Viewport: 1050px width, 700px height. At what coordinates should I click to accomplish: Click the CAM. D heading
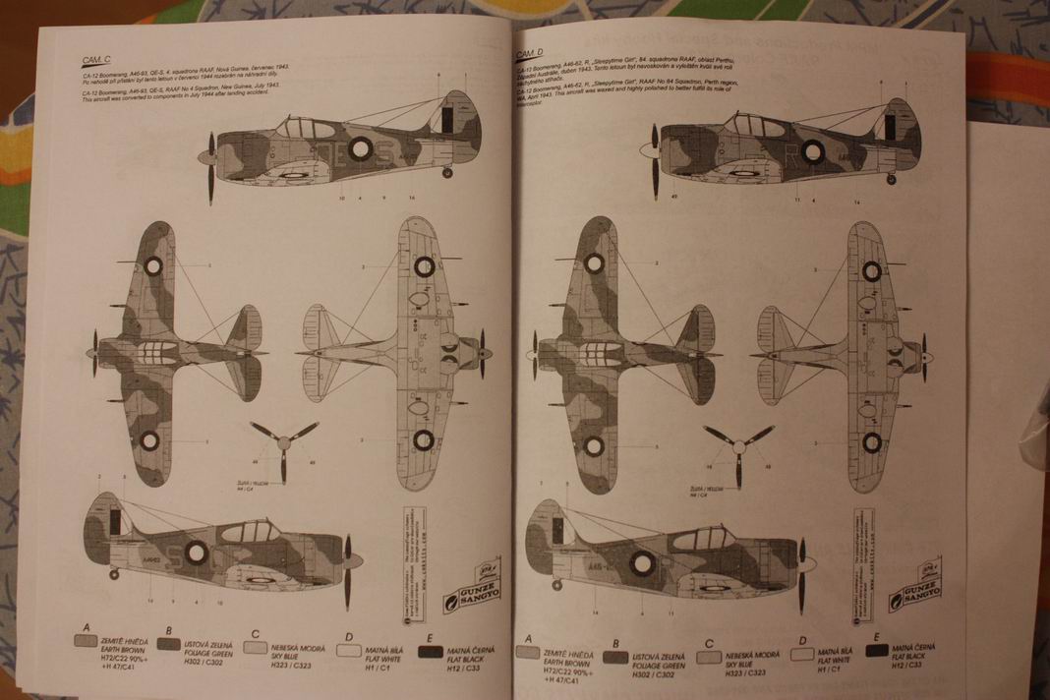click(x=532, y=51)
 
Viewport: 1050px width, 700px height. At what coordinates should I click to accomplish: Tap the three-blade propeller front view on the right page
click(x=737, y=440)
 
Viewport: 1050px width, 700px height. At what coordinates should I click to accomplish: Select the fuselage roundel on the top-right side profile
click(x=812, y=150)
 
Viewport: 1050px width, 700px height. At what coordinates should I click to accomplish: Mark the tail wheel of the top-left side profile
click(x=448, y=174)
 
